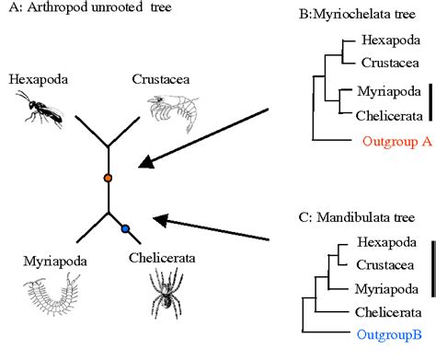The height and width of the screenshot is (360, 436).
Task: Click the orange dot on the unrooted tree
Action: pos(108,176)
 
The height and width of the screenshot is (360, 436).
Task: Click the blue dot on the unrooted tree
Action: pos(125,229)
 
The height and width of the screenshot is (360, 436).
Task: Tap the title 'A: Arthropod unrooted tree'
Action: pos(75,10)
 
